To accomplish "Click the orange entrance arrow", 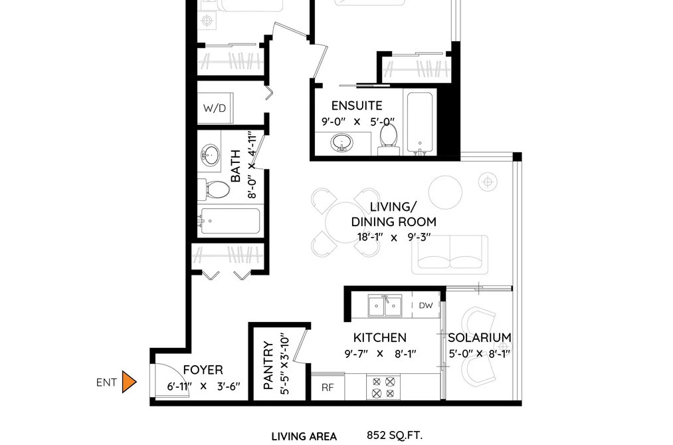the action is tap(129, 382).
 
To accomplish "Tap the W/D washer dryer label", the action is tap(215, 108).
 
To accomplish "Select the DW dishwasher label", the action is tap(426, 305).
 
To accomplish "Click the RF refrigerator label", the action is tap(328, 387).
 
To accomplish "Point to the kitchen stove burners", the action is tap(383, 387).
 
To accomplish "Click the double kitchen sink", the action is tap(385, 306).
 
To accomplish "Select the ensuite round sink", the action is tap(341, 142).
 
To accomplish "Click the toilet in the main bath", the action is tap(214, 190).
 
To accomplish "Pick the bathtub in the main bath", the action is tap(231, 222).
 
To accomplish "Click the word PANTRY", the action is tap(268, 366).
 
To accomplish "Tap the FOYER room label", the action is tap(203, 370).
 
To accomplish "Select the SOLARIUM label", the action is tap(480, 338).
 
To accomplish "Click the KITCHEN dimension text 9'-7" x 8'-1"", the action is tap(380, 354).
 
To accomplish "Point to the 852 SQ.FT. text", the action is tap(395, 435).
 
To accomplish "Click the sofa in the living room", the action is tap(450, 254).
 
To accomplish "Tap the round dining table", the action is tap(345, 222).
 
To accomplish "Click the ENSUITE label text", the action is tap(357, 106).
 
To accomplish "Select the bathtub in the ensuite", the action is tap(420, 123).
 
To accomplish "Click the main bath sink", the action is tap(210, 154).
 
